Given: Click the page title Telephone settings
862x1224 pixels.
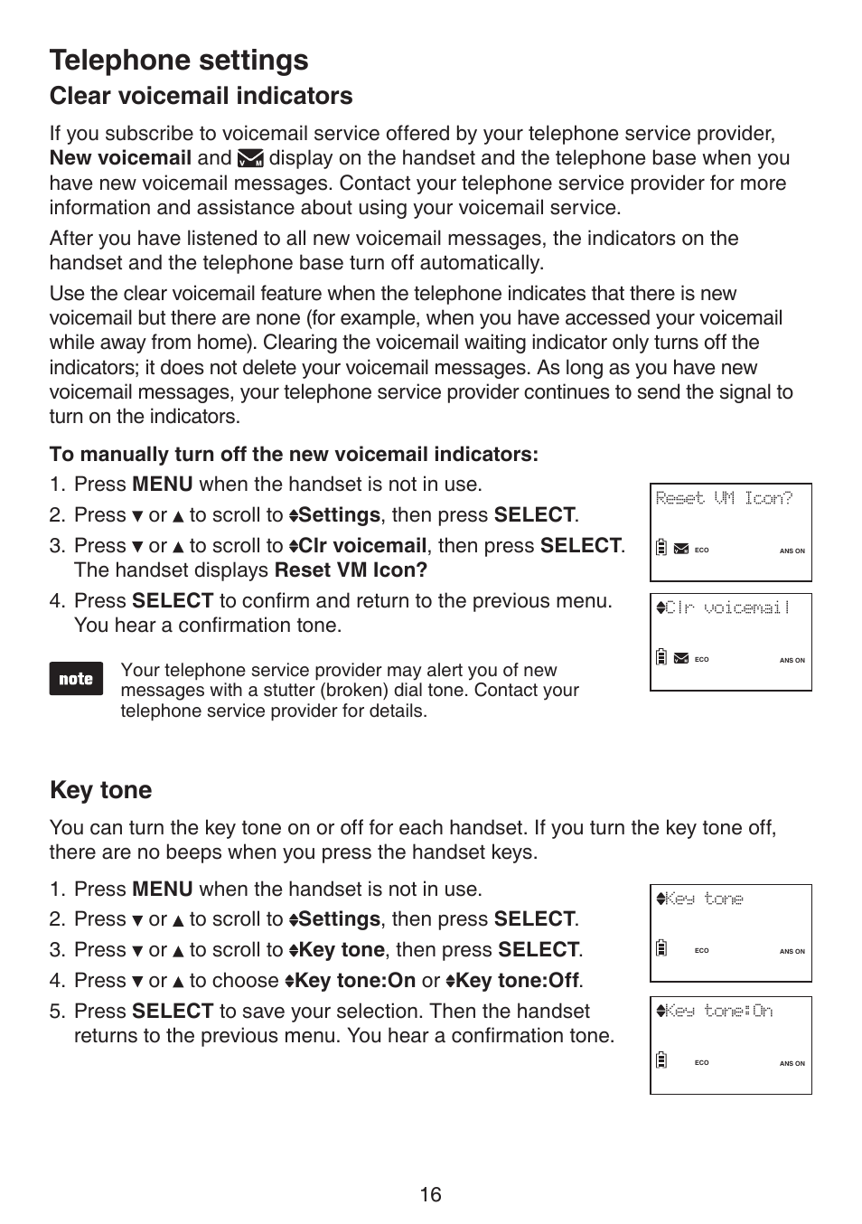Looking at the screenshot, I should coord(179,61).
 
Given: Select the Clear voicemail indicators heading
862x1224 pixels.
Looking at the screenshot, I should coord(201,97).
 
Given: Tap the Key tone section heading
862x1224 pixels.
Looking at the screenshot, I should coord(100,790).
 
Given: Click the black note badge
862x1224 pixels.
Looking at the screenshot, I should coord(76,679).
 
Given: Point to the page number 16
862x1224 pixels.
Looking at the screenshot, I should coord(430,1195).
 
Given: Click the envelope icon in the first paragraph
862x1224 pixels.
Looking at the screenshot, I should coord(250,159).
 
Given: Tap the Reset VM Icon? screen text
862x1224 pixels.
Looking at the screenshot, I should coord(724,498).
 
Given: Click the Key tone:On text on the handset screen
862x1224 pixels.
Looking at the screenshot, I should coord(719,1011).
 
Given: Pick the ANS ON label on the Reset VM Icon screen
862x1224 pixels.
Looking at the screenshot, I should coord(792,551).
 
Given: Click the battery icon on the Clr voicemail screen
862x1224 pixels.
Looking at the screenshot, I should coord(661,657).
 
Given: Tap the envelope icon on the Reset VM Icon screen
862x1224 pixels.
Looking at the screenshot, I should coord(681,549).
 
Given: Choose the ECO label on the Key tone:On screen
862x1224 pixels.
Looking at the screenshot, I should coord(701,1062).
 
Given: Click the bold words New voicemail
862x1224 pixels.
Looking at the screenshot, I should coord(120,158).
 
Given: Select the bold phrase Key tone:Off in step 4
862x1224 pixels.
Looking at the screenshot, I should coord(517,981).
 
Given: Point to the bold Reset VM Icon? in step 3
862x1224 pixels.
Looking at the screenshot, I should coord(351,570).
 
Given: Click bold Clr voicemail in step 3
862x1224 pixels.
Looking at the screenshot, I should coord(362,546).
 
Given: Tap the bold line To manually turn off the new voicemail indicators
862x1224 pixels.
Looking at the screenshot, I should coord(294,455).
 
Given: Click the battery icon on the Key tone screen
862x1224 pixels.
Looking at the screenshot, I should coord(661,948).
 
